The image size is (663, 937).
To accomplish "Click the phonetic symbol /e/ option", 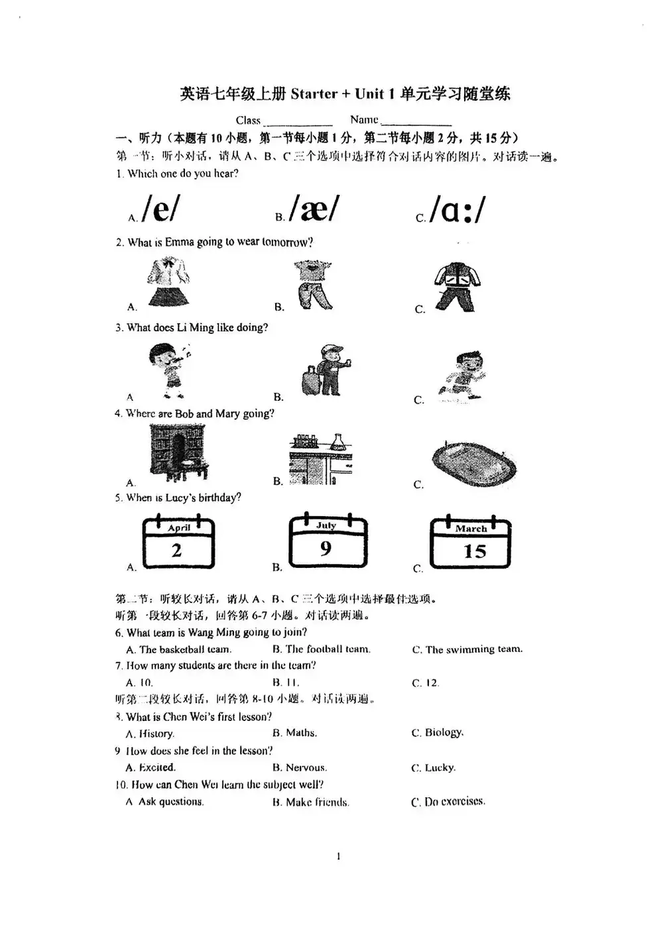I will click(x=160, y=209).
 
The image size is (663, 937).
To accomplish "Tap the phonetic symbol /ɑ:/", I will click(x=457, y=209).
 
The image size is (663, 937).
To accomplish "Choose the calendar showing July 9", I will click(x=328, y=541).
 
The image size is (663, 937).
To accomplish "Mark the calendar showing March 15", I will click(x=471, y=544).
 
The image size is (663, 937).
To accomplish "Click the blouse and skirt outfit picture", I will click(x=168, y=282).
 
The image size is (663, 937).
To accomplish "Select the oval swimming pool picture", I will click(x=473, y=463).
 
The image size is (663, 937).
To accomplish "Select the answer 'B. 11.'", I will click(x=286, y=682).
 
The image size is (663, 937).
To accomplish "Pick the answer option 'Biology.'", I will click(x=443, y=732).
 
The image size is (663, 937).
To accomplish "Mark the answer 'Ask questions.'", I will click(x=170, y=801).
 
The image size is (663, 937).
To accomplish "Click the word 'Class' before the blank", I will click(x=248, y=120).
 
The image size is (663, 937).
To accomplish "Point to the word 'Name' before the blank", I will click(x=364, y=119).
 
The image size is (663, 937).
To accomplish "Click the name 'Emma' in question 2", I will click(x=179, y=242).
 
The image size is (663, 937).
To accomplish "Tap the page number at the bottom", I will click(x=338, y=856).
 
